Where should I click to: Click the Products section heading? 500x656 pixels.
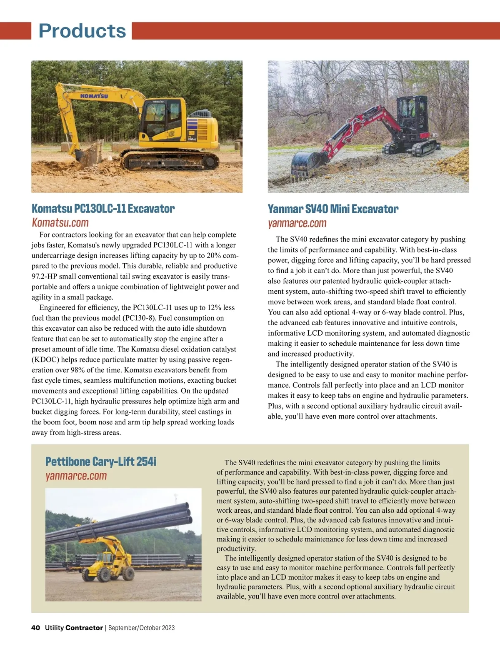coord(82,31)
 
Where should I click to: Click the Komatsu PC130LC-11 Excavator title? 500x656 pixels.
coord(103,208)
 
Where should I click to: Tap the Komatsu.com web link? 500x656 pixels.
coord(60,222)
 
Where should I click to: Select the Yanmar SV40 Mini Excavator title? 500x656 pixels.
coord(332,209)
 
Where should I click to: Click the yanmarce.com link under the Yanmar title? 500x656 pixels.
coord(297,223)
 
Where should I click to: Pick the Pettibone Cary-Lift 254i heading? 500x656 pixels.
coord(100,461)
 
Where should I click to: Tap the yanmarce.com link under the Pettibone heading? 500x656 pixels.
coord(76,476)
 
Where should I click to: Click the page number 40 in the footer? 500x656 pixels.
coord(35,628)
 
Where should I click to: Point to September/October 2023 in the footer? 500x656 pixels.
coord(141,628)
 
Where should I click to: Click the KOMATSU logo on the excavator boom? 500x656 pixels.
coord(94,96)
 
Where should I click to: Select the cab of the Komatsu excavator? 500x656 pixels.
coord(160,119)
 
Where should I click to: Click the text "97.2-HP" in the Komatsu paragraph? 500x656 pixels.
coord(46,277)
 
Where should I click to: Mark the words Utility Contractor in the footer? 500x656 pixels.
coord(74,628)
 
